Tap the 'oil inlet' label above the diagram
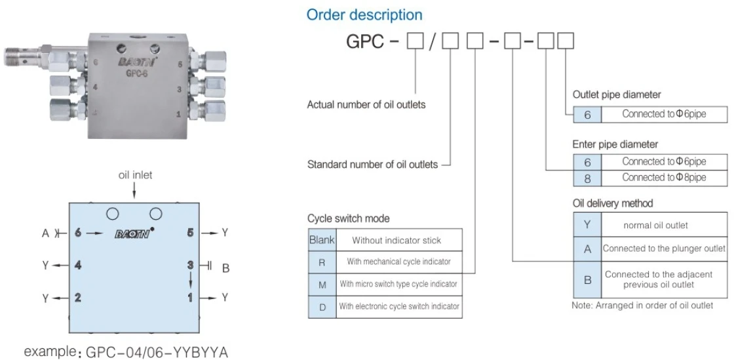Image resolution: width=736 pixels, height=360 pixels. pyautogui.click(x=134, y=175)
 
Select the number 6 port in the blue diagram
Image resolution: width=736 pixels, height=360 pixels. pyautogui.click(x=78, y=232)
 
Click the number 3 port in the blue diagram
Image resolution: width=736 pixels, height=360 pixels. pyautogui.click(x=191, y=264)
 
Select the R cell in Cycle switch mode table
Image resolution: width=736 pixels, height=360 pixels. pyautogui.click(x=322, y=262)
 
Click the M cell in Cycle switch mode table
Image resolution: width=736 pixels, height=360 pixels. pyautogui.click(x=322, y=284)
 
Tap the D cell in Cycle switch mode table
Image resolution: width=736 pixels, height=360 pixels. pyautogui.click(x=322, y=306)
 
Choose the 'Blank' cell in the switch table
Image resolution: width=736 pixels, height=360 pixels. pyautogui.click(x=322, y=240)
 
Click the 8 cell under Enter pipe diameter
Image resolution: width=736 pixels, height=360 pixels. pyautogui.click(x=587, y=178)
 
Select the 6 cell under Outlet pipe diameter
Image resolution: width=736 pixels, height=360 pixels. pyautogui.click(x=587, y=114)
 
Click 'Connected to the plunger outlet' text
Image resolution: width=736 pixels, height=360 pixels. pyautogui.click(x=664, y=249)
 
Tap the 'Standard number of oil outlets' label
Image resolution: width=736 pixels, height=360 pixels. pyautogui.click(x=373, y=165)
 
